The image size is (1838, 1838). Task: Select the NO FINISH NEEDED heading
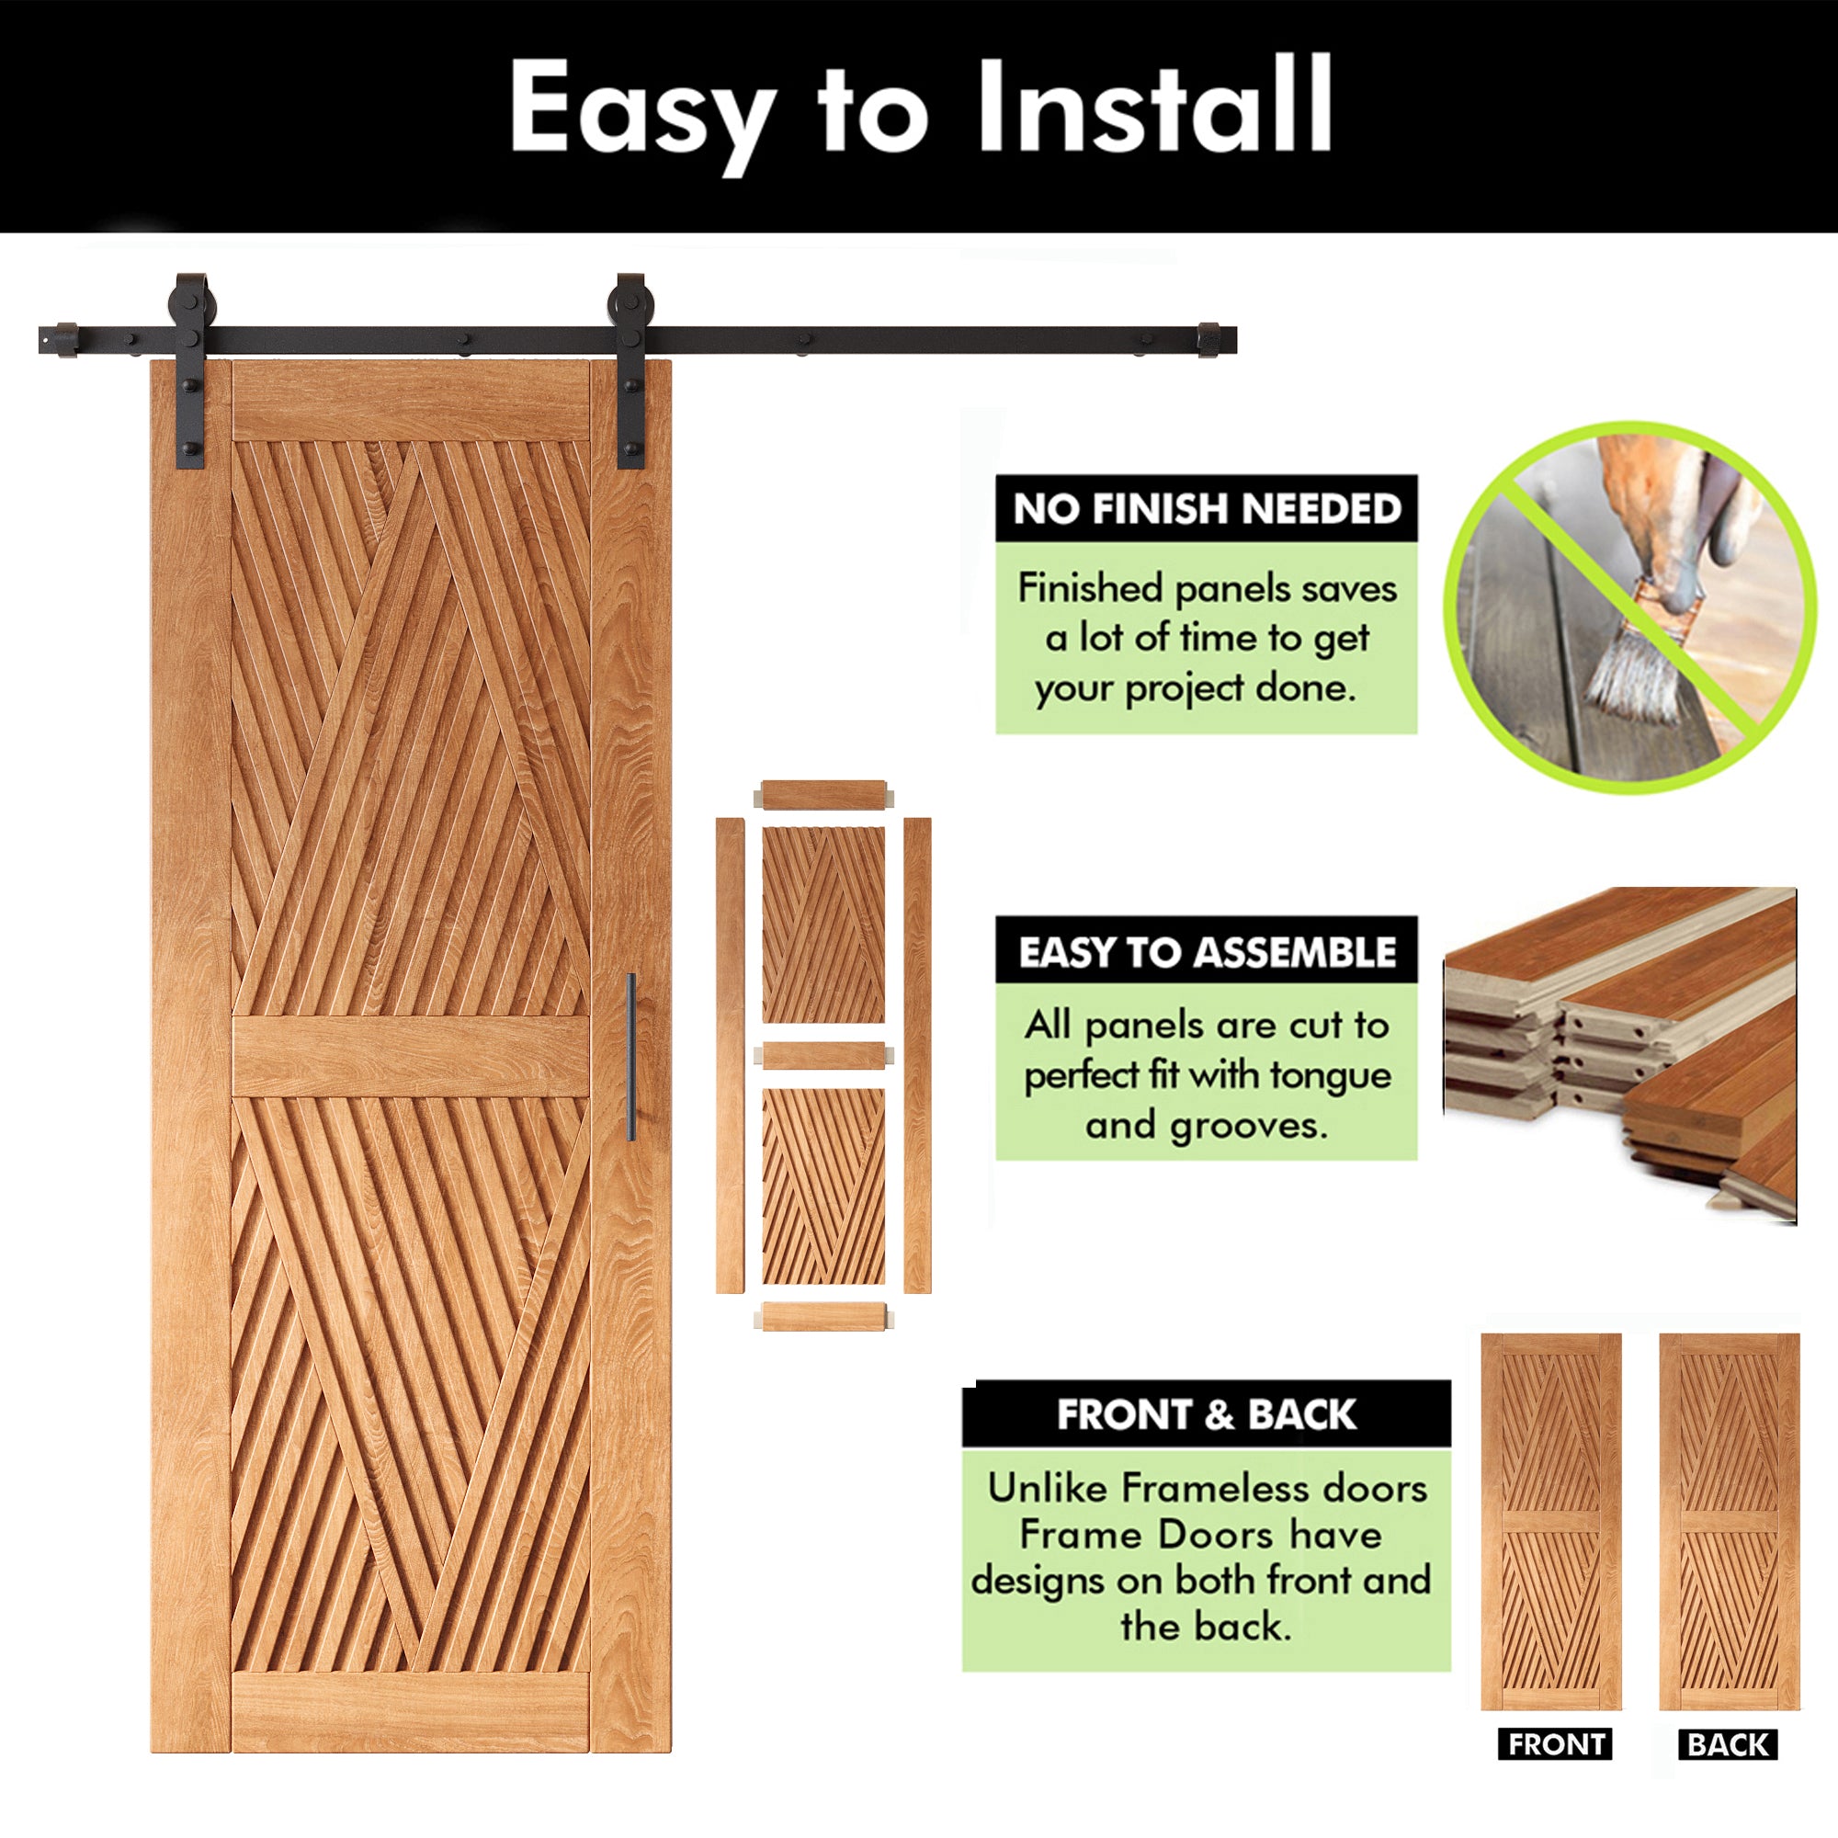click(1207, 509)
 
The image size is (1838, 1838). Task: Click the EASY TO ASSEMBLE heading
click(1207, 951)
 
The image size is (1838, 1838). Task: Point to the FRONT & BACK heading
click(1207, 1414)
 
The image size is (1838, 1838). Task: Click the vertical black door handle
click(630, 1056)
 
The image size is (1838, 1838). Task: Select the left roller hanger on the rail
click(191, 371)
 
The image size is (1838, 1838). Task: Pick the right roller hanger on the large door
click(630, 371)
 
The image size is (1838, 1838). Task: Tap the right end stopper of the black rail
click(1209, 341)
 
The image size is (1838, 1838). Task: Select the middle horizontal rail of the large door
click(411, 1057)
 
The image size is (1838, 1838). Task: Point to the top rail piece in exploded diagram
click(823, 794)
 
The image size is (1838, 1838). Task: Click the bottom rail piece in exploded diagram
click(823, 1317)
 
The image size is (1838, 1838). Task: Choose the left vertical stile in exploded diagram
click(730, 1055)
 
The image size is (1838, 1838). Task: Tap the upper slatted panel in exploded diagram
click(823, 925)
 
